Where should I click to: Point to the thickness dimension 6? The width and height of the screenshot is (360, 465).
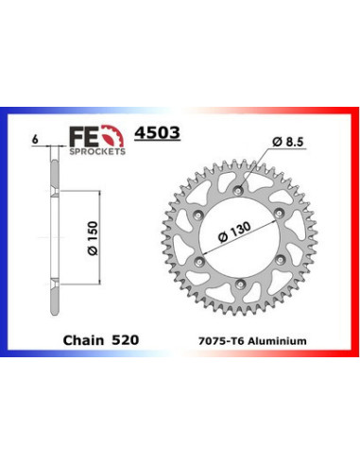coord(35,139)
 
